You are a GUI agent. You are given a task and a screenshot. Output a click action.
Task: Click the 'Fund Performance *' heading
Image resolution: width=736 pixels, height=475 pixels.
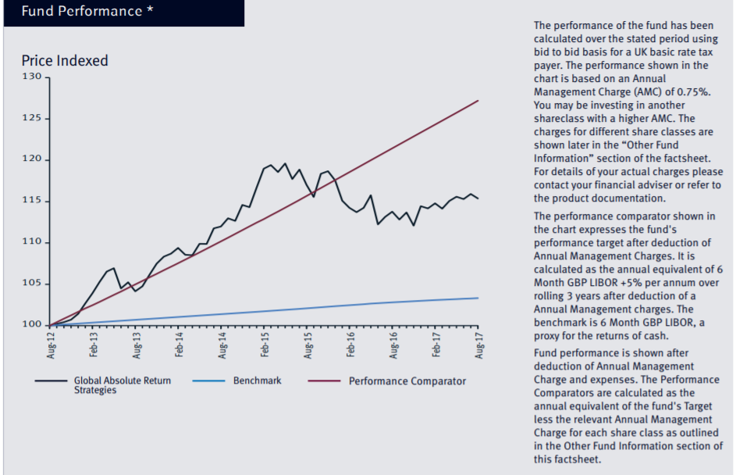pyautogui.click(x=81, y=12)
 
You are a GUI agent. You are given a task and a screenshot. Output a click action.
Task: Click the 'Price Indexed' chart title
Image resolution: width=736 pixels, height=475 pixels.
pyautogui.click(x=64, y=61)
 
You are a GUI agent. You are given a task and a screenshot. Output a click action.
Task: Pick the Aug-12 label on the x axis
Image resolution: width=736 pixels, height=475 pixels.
pyautogui.click(x=51, y=345)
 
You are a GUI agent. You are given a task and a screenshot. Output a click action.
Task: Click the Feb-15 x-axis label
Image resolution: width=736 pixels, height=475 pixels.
pyautogui.click(x=265, y=345)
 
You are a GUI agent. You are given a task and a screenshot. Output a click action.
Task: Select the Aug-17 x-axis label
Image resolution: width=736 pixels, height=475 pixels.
pyautogui.click(x=478, y=345)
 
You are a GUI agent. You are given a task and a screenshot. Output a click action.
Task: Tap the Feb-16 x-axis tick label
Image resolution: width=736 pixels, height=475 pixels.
pyautogui.click(x=350, y=345)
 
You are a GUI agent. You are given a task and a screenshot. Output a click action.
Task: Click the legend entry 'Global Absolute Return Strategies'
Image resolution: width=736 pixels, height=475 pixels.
pyautogui.click(x=122, y=385)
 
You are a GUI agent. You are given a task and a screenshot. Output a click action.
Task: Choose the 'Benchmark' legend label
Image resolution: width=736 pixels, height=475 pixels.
pyautogui.click(x=257, y=380)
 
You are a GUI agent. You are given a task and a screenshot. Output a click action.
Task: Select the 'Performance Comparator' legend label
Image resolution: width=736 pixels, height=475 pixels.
pyautogui.click(x=407, y=381)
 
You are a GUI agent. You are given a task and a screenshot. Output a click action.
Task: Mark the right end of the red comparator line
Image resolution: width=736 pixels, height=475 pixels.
pyautogui.click(x=478, y=101)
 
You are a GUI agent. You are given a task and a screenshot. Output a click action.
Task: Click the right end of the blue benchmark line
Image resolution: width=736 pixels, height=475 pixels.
pyautogui.click(x=478, y=298)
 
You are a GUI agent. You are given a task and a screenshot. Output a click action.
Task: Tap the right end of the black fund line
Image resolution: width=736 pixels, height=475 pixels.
pyautogui.click(x=478, y=198)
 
